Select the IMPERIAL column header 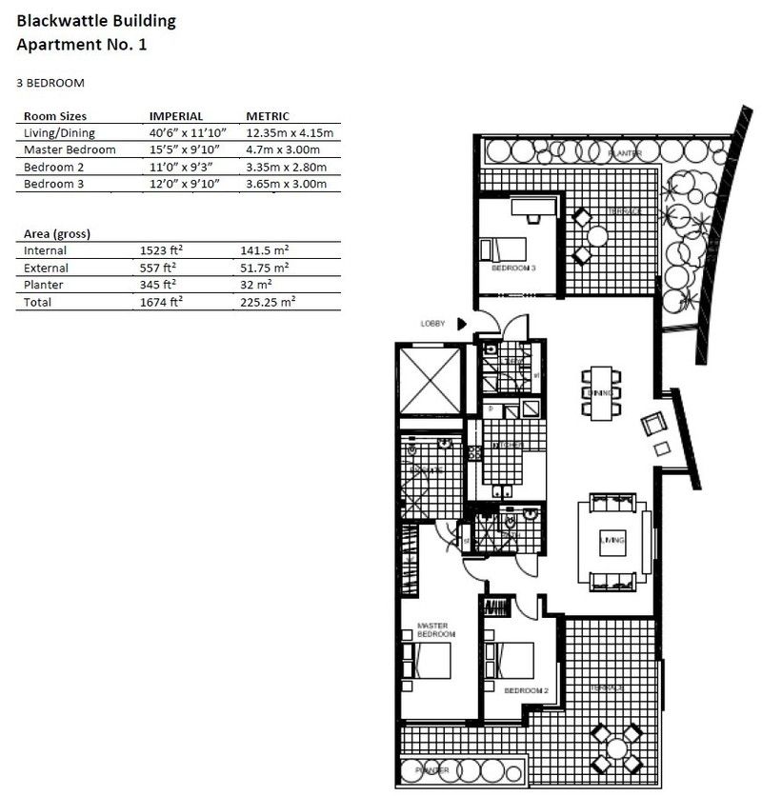[x=175, y=116]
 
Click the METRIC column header [x=268, y=116]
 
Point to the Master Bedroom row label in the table [x=70, y=150]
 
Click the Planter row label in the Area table [x=44, y=285]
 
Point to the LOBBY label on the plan [x=432, y=324]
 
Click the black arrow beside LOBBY [x=461, y=324]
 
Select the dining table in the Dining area [x=600, y=393]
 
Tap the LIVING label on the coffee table [x=611, y=541]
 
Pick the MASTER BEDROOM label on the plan [x=437, y=629]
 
